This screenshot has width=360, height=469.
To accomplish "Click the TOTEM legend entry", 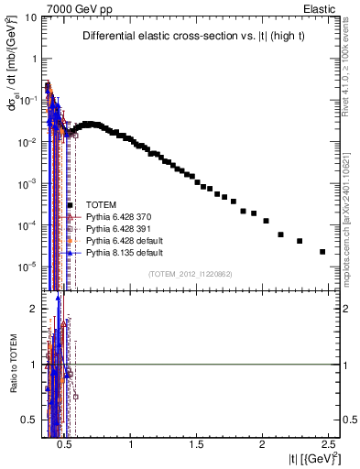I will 101,204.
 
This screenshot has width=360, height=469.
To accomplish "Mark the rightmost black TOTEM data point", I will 322,252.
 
